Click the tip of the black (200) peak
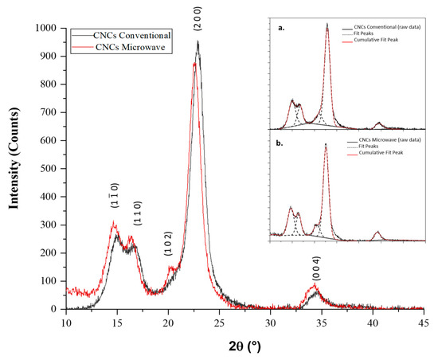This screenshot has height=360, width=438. click(x=197, y=42)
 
